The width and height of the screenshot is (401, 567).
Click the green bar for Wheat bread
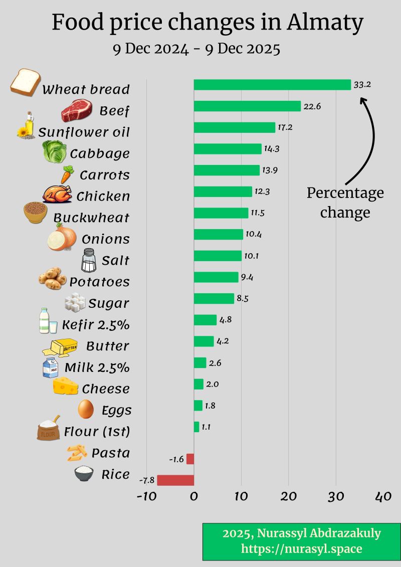pos(272,85)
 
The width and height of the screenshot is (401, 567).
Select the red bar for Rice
pos(175,480)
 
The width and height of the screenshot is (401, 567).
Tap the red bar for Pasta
pos(190,459)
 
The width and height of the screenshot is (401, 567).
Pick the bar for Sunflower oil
pos(235,127)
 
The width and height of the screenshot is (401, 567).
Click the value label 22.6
pos(312,106)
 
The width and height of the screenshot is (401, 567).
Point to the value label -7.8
pos(147,480)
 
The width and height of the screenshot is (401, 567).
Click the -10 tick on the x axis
pos(146,496)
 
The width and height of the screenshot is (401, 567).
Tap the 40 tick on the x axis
pos(383,496)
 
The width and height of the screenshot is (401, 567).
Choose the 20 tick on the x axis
pos(288,496)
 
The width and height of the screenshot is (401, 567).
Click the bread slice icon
pos(25,82)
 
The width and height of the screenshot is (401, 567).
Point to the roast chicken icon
pos(58,194)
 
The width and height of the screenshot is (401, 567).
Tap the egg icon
pos(86,409)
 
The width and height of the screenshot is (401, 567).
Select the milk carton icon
pos(51,367)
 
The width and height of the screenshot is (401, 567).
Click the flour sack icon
pos(49,429)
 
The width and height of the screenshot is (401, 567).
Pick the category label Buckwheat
pos(91,218)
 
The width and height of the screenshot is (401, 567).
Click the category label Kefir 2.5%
pos(96,325)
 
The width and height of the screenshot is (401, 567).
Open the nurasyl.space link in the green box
pos(301,548)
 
